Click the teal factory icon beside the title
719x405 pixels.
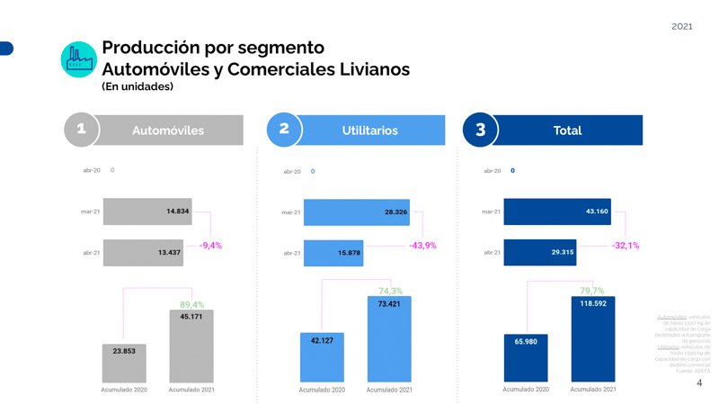click(x=79, y=58)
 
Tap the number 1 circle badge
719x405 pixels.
click(x=81, y=130)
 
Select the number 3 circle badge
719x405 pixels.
click(x=481, y=130)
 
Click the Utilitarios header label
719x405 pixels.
click(x=369, y=130)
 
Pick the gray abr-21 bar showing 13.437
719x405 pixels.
click(x=143, y=252)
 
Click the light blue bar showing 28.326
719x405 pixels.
click(x=356, y=212)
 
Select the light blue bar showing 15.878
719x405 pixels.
click(x=333, y=253)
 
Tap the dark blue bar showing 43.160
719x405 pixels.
click(x=557, y=211)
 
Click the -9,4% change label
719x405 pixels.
click(x=210, y=244)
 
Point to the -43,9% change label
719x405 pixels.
click(x=422, y=246)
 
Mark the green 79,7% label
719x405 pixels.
click(x=591, y=291)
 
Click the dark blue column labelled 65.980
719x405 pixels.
click(x=526, y=355)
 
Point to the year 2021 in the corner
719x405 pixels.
click(x=682, y=27)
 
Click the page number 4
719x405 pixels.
click(x=699, y=382)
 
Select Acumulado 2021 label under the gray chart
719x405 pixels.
click(x=191, y=390)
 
